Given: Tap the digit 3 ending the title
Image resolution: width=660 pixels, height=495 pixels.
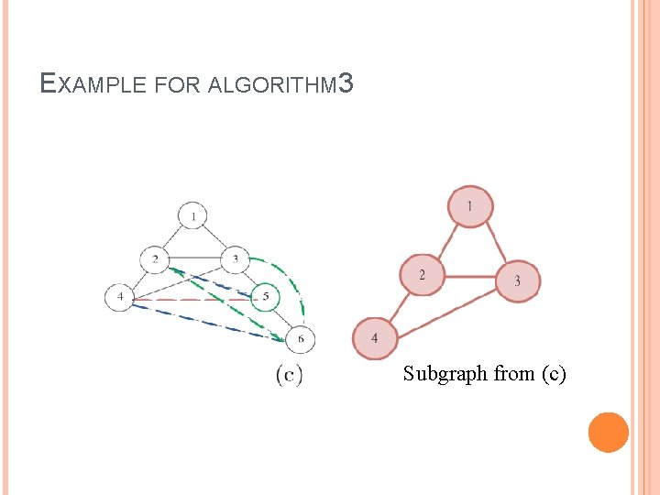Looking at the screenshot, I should coord(345,84).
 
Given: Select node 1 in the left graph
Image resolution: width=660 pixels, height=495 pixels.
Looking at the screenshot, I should coord(192,216).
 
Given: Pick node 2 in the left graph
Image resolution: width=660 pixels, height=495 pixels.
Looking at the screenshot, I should coord(155,259).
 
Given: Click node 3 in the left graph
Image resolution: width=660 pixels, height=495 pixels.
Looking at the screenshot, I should coord(236,259).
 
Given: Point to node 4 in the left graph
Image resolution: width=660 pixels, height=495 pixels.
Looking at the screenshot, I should coord(120,298).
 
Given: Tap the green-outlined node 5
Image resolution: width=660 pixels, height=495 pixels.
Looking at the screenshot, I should coord(265,297).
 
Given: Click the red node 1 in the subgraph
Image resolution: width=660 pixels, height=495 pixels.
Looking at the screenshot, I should coord(470,207).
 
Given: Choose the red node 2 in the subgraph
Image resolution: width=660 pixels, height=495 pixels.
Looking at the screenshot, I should coord(422,274).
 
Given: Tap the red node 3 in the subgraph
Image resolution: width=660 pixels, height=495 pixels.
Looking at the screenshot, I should coord(517,280).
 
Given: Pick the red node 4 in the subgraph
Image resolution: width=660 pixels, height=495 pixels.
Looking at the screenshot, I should coord(374,338).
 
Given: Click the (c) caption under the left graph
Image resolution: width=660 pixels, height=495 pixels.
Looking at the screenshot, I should coord(289,375).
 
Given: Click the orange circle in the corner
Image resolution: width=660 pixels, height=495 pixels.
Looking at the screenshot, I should coord(608,432).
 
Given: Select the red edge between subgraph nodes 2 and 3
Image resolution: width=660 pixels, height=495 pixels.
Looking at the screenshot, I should coord(469,276).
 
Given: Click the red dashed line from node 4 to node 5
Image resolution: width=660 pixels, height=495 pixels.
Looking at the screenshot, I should coord(192,299).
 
